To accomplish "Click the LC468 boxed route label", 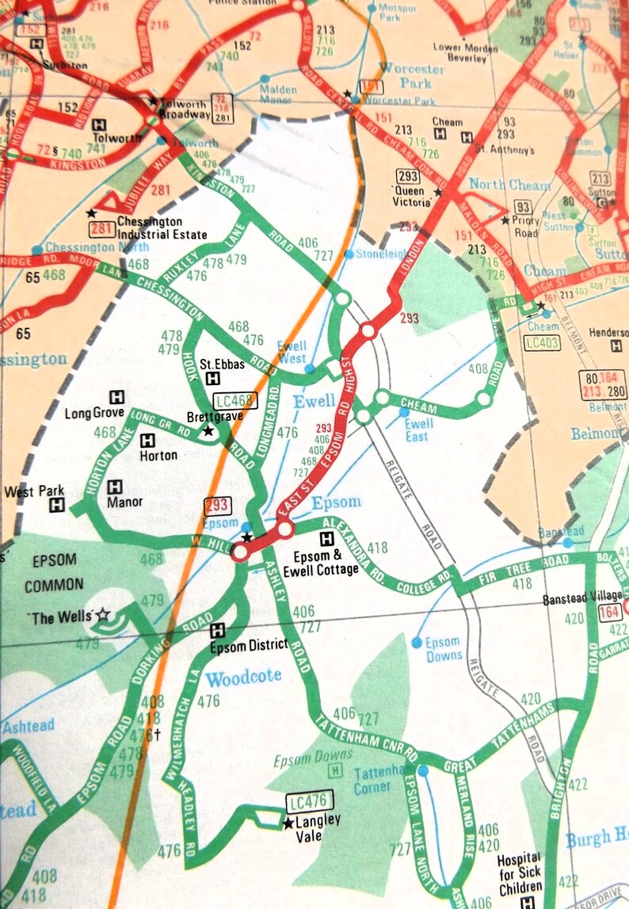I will coord(236,399).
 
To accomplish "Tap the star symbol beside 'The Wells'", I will coord(103,614).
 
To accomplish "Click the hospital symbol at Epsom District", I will coord(217,631).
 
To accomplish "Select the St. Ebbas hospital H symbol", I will coord(212,378).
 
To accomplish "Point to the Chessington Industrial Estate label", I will coord(162,228).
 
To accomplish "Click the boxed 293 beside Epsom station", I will coord(217,506).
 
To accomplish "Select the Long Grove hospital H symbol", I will coord(117,396).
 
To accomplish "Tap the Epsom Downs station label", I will coord(443,648).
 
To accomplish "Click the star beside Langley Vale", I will coord(286,823).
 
